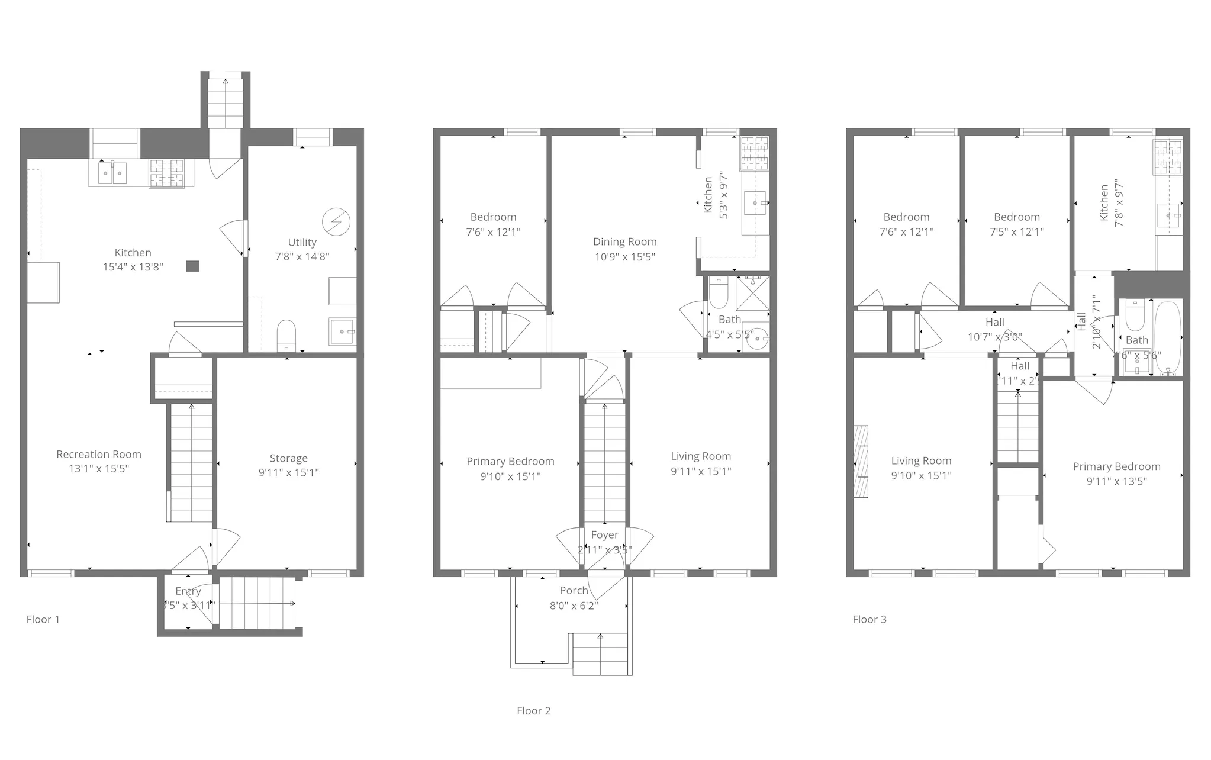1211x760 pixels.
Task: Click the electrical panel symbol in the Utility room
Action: [336, 222]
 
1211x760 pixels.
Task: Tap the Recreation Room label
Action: [99, 454]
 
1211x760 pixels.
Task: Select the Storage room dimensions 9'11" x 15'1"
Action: [288, 472]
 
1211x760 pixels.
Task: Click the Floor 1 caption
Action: [43, 619]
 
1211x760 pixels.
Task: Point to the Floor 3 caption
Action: [869, 619]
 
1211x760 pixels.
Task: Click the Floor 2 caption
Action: [533, 710]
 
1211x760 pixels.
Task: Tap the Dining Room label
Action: [624, 241]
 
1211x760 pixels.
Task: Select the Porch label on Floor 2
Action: [574, 590]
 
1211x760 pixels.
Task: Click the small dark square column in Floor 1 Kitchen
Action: [192, 266]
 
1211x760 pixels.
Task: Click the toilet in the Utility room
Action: [286, 336]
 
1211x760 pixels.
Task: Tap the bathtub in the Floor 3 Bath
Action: [1167, 336]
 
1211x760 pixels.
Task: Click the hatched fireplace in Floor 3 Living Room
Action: [861, 461]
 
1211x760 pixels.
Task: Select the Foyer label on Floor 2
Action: [604, 534]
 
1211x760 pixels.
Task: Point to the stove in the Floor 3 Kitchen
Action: [1167, 157]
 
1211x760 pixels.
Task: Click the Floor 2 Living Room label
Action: [701, 456]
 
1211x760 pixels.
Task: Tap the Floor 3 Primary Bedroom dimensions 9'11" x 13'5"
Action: [1116, 481]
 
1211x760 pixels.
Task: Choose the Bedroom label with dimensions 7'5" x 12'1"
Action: [1016, 217]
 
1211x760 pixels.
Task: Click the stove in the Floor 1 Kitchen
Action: [166, 173]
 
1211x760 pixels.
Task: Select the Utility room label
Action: [302, 242]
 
